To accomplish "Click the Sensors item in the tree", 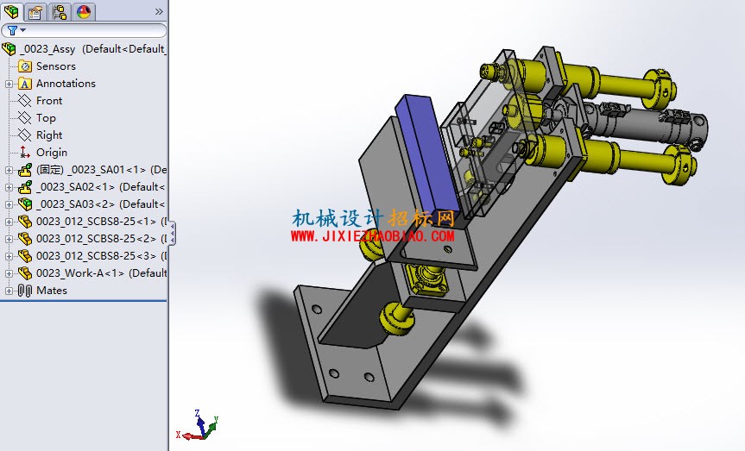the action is coord(55,66).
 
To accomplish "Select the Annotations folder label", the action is coord(66,84).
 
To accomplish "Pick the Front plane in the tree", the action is coord(49,101).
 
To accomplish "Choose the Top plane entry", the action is coord(46,118).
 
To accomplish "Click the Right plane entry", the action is coord(49,135).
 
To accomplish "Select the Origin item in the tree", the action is coord(51,153).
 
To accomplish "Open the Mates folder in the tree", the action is coord(51,290).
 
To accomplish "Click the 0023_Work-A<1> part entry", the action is coord(101,273).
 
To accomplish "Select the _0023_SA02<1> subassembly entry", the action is coord(101,186).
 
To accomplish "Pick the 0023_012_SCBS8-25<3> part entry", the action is coord(101,256).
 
